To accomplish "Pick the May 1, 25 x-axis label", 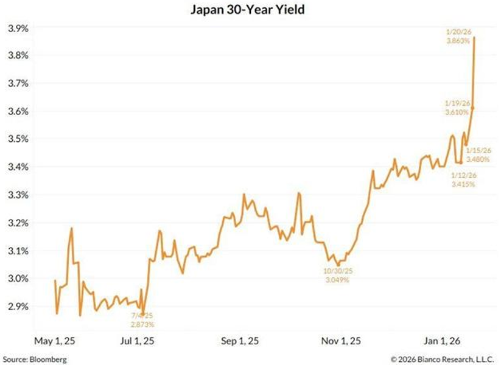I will (54, 342).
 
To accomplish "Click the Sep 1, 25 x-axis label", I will (239, 342).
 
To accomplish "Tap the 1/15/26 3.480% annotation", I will (478, 155).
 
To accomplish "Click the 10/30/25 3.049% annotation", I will (337, 276).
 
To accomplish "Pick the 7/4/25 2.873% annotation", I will (144, 320).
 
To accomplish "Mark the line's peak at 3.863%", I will (474, 37).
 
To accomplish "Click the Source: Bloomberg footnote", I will (35, 358).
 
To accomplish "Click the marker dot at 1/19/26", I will (472, 108).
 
